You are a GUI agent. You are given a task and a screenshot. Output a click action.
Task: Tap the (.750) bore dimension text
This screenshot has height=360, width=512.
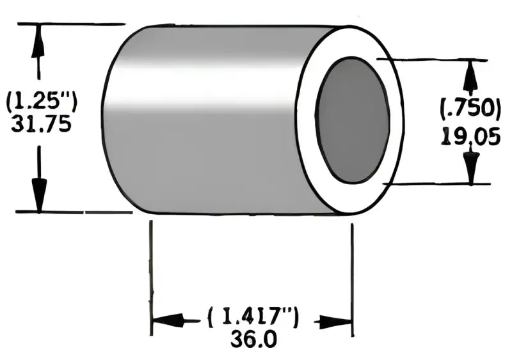470,109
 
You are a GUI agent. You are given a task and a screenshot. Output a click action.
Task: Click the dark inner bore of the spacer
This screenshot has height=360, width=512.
353,120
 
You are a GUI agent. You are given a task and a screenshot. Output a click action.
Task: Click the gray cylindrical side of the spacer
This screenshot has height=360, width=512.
205,121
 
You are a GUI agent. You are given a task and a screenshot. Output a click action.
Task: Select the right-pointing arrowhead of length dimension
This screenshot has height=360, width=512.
337,321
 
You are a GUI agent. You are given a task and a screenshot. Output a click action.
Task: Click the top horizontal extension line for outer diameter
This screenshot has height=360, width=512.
70,24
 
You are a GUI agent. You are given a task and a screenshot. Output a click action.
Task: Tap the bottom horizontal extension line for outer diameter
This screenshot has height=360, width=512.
70,211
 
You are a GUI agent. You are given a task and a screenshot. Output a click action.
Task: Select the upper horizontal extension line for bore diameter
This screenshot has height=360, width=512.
435,59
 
